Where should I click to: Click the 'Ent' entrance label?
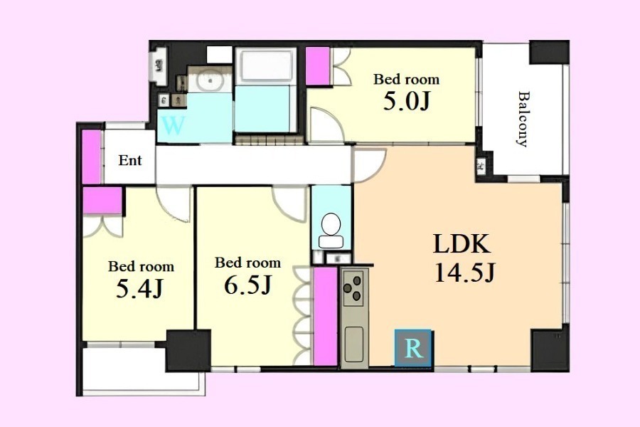click(130, 160)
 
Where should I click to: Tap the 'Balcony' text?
click(523, 119)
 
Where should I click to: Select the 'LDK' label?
click(462, 243)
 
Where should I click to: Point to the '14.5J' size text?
click(464, 272)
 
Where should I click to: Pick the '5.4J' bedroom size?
click(139, 288)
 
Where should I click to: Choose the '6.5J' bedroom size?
click(247, 285)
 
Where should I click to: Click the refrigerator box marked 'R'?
click(413, 347)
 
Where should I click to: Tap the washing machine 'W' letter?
click(173, 125)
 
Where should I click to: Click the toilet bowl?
click(331, 230)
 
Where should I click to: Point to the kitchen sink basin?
click(353, 344)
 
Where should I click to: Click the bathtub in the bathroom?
click(266, 67)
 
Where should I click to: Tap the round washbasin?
click(210, 80)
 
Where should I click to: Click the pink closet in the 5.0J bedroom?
click(318, 65)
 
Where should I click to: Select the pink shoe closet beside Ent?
click(92, 157)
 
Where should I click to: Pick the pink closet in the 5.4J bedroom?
click(102, 200)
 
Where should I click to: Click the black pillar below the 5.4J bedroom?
click(188, 351)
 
